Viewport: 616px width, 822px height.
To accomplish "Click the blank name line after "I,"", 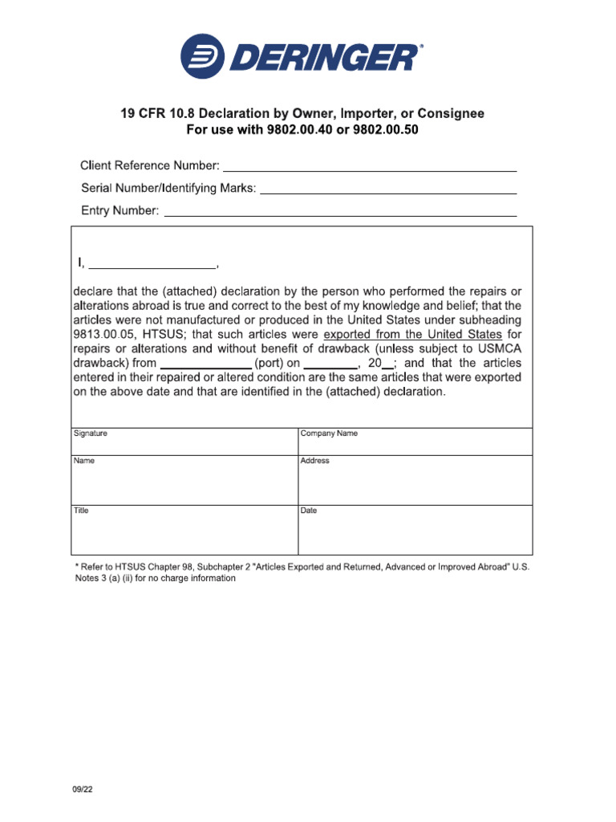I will pyautogui.click(x=152, y=265).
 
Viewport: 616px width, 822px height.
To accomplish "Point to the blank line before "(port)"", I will pyautogui.click(x=205, y=363).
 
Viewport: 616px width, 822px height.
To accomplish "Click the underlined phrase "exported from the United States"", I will pyautogui.click(x=412, y=334).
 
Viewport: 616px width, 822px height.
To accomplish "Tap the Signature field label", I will pyautogui.click(x=91, y=433).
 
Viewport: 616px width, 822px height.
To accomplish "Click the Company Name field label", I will pyautogui.click(x=329, y=433).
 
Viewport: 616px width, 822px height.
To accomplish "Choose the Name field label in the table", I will pyautogui.click(x=84, y=461).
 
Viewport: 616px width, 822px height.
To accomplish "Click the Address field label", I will pyautogui.click(x=314, y=461).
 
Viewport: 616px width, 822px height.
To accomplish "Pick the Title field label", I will pyautogui.click(x=82, y=511).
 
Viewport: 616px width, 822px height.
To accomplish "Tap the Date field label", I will pyautogui.click(x=309, y=511).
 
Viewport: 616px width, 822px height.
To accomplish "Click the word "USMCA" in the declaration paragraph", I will pyautogui.click(x=498, y=348).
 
